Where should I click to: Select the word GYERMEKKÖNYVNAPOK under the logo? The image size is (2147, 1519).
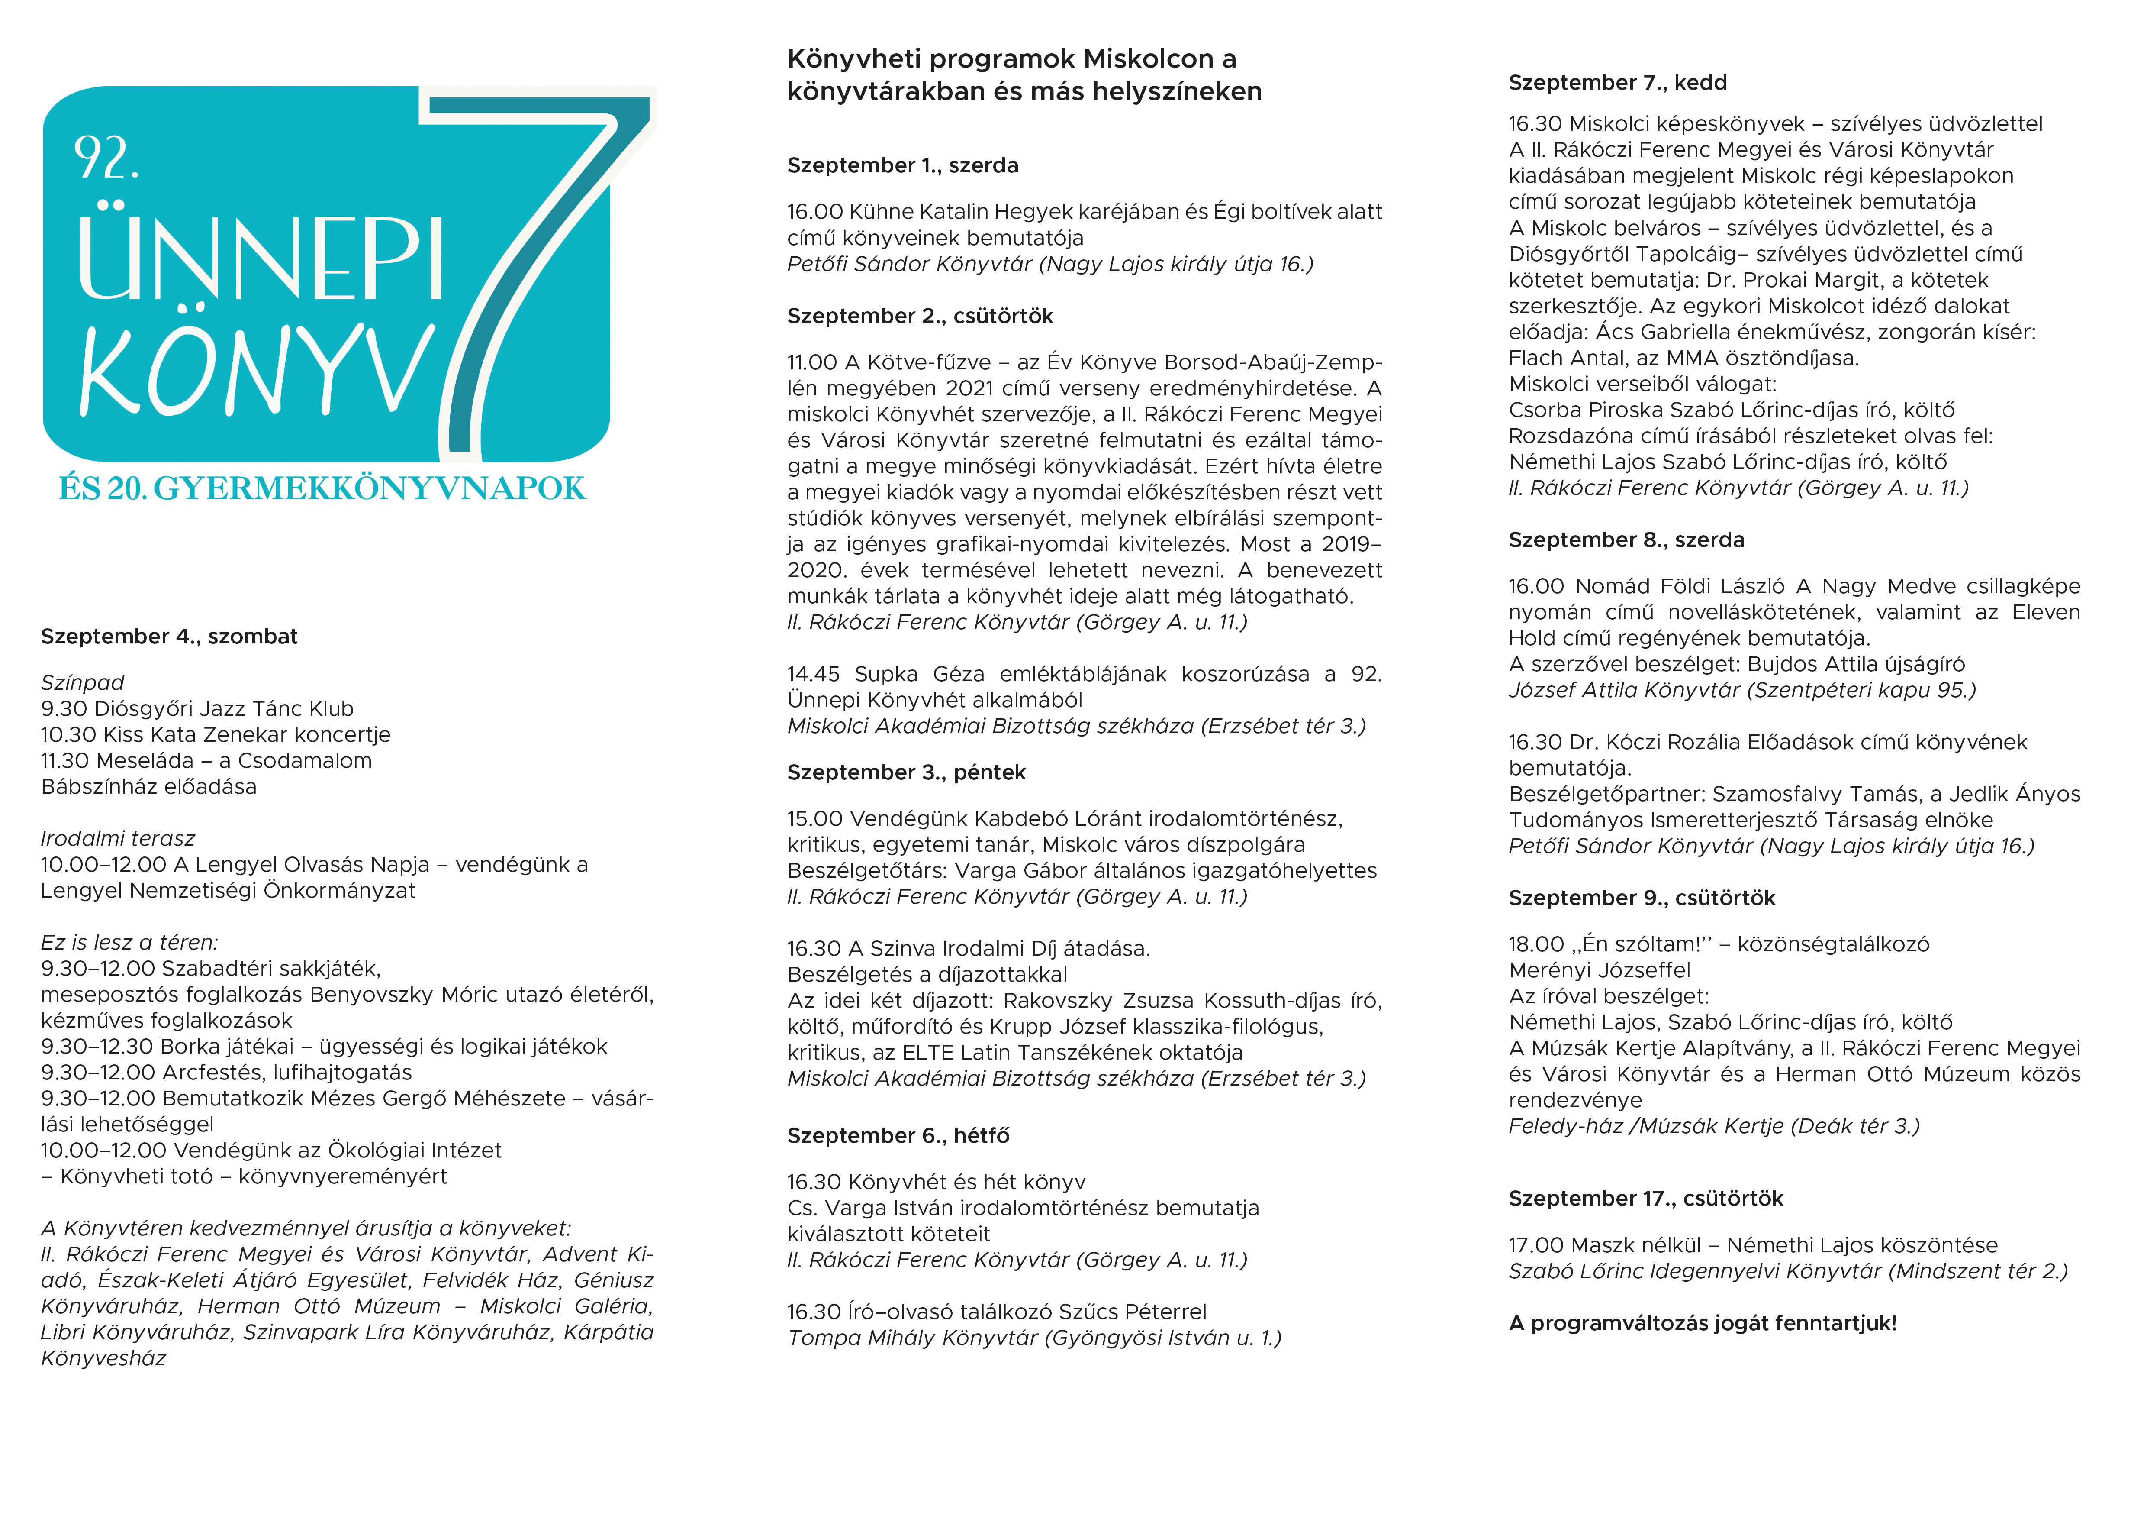pyautogui.click(x=369, y=488)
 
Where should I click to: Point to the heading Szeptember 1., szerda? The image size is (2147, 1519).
pyautogui.click(x=902, y=165)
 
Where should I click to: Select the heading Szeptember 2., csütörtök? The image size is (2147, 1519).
pyautogui.click(x=919, y=316)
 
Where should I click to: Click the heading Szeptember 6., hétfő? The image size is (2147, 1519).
pyautogui.click(x=898, y=1135)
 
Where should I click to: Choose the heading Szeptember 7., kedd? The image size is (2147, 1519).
pyautogui.click(x=1617, y=82)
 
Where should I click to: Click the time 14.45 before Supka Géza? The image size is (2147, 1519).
pyautogui.click(x=814, y=674)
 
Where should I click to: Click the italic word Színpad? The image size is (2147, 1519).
pyautogui.click(x=82, y=683)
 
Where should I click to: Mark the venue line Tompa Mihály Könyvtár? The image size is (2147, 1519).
pyautogui.click(x=1033, y=1338)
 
